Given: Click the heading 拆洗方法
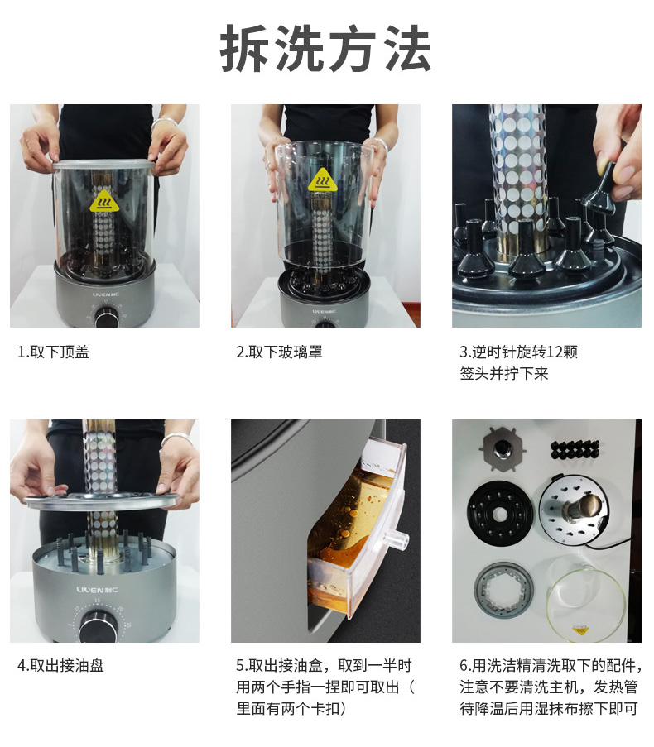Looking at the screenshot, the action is coord(325,48).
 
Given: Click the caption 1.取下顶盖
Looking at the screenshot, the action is coord(53,352).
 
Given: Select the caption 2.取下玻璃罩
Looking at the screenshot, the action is coord(279,352).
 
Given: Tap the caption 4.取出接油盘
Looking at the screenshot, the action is coord(60,666).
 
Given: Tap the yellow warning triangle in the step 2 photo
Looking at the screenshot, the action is coord(322,180).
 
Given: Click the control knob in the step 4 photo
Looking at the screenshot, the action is coord(97,626).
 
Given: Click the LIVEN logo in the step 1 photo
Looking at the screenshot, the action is coord(106,294).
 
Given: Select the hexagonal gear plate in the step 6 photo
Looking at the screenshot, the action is coord(503,448).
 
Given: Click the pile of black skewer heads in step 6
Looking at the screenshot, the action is coord(575,448).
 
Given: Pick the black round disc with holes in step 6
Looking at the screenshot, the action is coord(500,514).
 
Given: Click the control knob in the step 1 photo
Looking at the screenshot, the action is coord(106,317).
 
